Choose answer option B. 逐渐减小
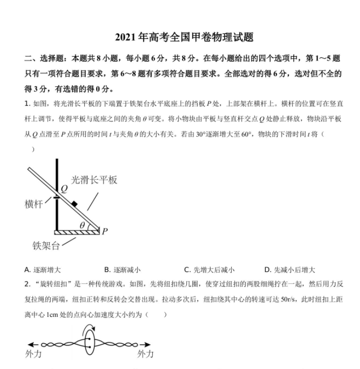(122, 269)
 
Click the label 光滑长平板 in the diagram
(94, 180)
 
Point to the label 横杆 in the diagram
(34, 204)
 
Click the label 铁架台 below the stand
(45, 245)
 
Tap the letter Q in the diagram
(64, 188)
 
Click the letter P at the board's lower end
(105, 231)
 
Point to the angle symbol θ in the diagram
(82, 225)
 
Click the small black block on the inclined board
(74, 203)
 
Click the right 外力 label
(145, 354)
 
